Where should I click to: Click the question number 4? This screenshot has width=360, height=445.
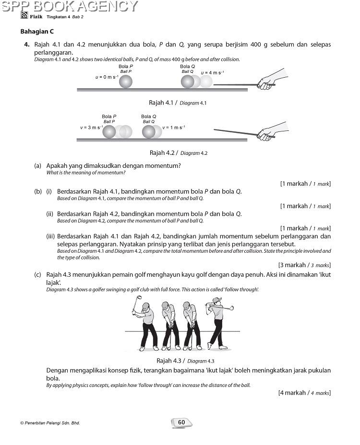click(x=27, y=45)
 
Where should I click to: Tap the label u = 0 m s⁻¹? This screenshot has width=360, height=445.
click(x=107, y=77)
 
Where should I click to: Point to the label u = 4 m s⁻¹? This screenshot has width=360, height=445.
click(x=212, y=72)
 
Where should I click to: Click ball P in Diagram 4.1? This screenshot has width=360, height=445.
click(x=125, y=82)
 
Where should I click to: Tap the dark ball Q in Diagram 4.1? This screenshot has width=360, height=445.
click(x=187, y=82)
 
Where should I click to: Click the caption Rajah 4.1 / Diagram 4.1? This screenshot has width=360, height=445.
click(x=178, y=103)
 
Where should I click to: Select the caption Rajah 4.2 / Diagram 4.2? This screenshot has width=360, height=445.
click(x=178, y=153)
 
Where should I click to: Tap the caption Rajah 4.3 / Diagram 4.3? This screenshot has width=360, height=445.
click(x=185, y=361)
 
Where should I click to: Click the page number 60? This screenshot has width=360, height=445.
click(x=181, y=422)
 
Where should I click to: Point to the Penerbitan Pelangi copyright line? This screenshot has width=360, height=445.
click(x=50, y=423)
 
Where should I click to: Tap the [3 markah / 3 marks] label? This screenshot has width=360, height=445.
click(x=304, y=265)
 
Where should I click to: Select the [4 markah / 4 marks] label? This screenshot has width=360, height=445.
click(x=304, y=393)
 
